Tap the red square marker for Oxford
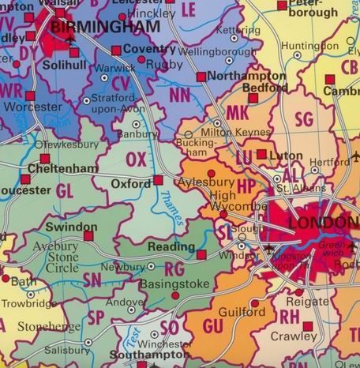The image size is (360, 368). tap(158, 180)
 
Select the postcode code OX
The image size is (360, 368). tap(137, 160)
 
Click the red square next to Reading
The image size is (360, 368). tap(201, 254)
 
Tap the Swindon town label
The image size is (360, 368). tap(71, 227)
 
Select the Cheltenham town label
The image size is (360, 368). tap(62, 168)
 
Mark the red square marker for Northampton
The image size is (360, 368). tap(201, 77)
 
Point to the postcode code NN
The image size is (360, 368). tap(180, 95)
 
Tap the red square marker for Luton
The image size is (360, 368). tap(261, 154)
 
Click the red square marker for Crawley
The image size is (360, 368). tap(308, 325)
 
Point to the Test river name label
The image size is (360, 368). tap(132, 336)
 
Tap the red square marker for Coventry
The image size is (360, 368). tap(116, 50)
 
